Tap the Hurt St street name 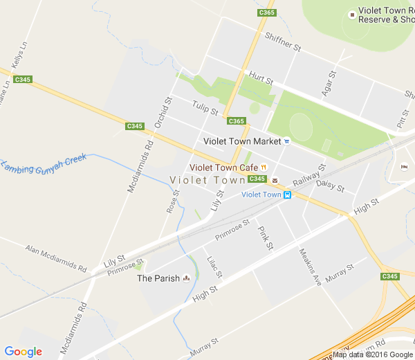tap(261, 78)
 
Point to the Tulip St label tap(205, 108)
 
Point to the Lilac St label tap(214, 267)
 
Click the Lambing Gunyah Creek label tap(52, 163)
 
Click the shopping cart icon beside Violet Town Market tap(287, 141)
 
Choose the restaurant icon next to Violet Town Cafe tap(264, 168)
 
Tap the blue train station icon tap(288, 195)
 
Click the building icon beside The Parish tap(186, 279)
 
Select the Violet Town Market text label tap(242, 141)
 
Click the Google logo tap(23, 351)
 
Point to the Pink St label tap(266, 237)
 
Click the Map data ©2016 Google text tap(372, 354)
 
